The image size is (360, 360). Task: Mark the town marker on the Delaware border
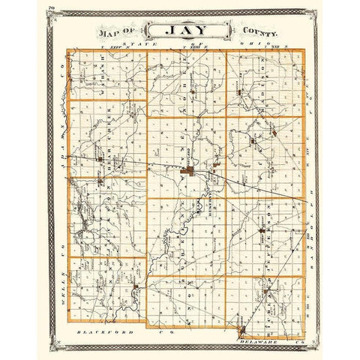pos(241,328)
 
